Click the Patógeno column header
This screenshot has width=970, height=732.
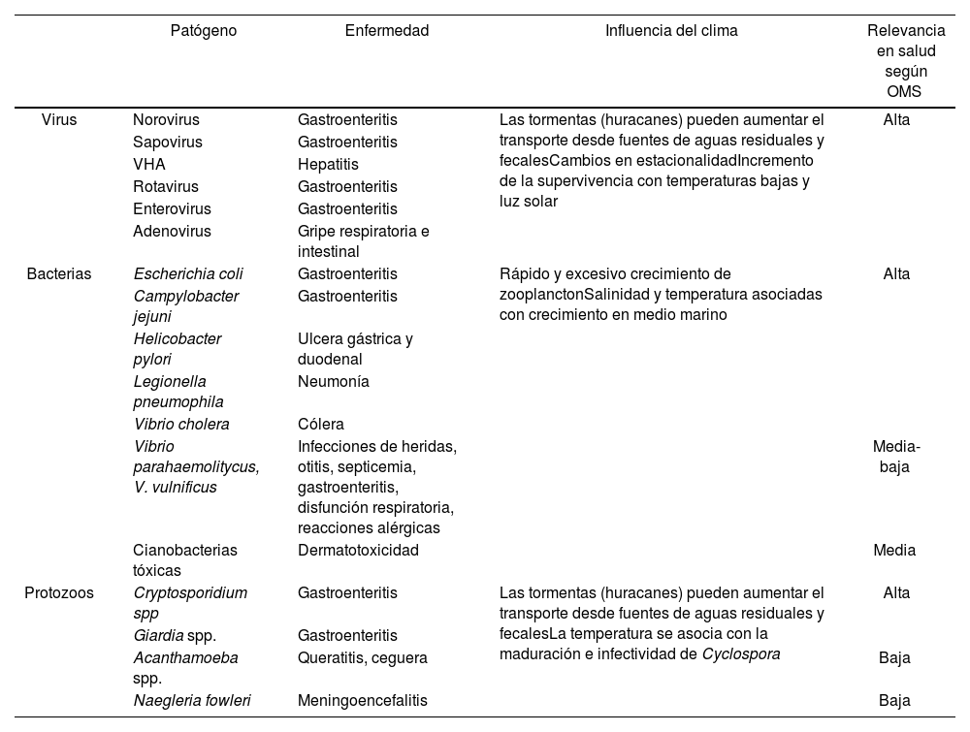(203, 31)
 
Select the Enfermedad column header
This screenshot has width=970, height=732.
(386, 31)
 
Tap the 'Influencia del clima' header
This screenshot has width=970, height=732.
(671, 31)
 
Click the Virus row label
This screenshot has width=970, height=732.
(59, 120)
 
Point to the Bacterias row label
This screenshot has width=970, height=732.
(59, 274)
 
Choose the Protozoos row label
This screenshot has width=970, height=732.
(59, 593)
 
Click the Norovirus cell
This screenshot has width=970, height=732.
(166, 120)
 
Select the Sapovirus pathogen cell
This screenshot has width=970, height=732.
(167, 143)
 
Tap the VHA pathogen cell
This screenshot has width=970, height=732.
(149, 165)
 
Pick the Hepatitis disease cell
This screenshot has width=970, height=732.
(328, 165)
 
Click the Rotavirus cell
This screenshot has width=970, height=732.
(165, 186)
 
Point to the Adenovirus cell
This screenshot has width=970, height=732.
(172, 231)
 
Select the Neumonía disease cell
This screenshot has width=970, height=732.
(333, 382)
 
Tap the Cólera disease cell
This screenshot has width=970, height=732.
(321, 425)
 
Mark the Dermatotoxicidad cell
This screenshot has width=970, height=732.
(358, 551)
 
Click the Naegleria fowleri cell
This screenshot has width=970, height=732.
(192, 700)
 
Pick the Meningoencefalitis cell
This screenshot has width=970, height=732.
(362, 700)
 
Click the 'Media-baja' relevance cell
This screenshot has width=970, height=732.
(896, 457)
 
